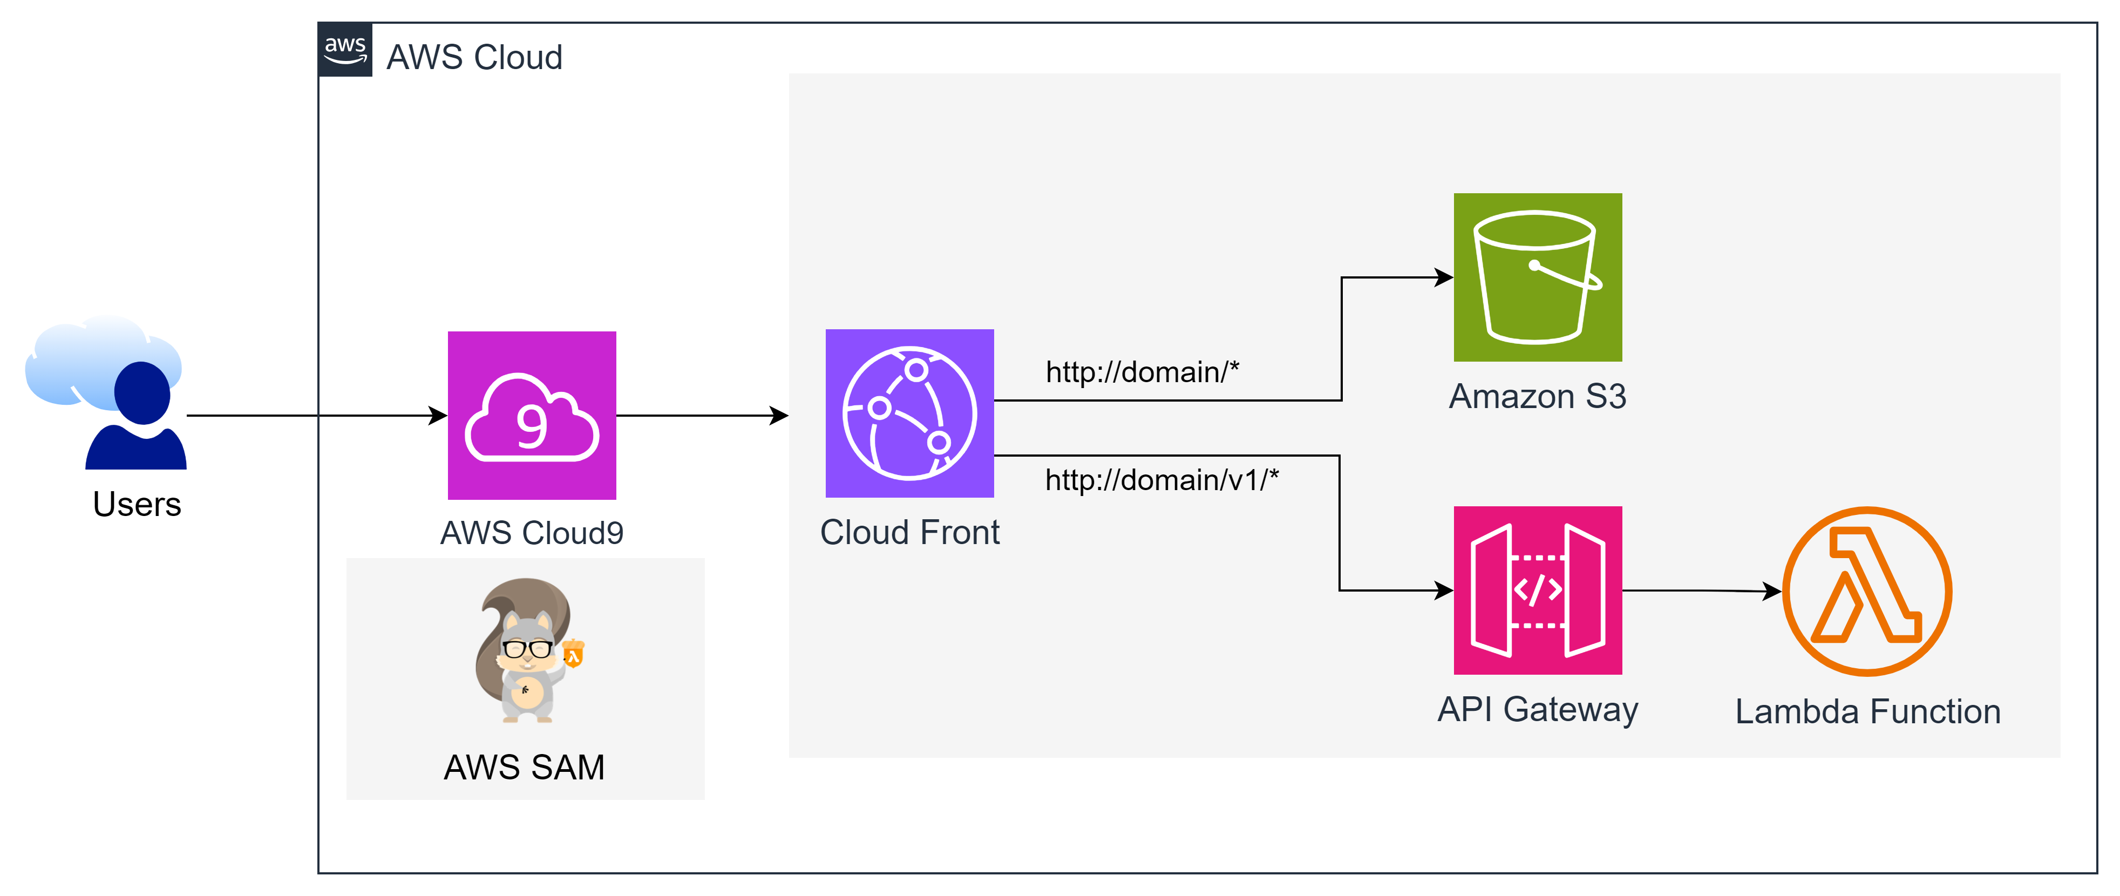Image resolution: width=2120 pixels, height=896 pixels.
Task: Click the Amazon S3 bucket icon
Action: tap(1537, 277)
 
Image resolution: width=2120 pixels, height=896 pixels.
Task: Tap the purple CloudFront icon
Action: tap(909, 413)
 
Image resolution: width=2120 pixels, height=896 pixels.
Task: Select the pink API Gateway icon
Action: tap(1537, 590)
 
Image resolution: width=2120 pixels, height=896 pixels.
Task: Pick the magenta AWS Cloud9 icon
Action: tap(532, 416)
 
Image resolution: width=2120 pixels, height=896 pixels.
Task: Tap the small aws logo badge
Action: tap(345, 49)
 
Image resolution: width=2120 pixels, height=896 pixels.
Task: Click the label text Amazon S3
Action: tap(1537, 397)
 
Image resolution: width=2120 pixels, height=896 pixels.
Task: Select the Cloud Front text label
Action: tap(909, 532)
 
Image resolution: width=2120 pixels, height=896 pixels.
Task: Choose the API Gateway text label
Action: tap(1537, 709)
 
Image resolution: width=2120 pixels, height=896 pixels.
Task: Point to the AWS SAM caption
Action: tap(524, 767)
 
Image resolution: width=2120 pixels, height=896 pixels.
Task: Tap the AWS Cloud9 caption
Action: tap(532, 533)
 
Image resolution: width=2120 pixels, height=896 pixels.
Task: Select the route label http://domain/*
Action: tap(1142, 372)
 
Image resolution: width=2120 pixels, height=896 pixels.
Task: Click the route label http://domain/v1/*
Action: tap(1162, 480)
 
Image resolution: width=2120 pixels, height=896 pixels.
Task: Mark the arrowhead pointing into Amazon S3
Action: tap(1444, 277)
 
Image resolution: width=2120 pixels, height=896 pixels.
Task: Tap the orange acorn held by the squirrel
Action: tap(574, 654)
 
